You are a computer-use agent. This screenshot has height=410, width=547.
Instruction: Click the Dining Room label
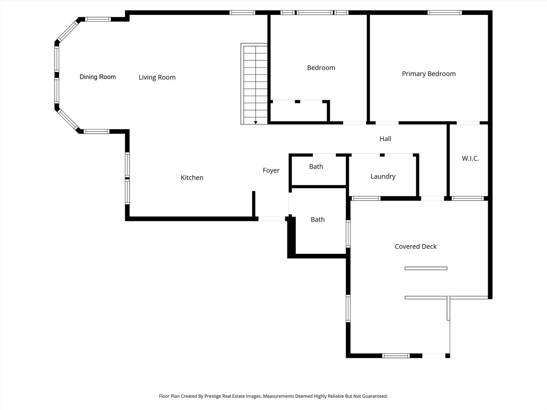tap(98, 77)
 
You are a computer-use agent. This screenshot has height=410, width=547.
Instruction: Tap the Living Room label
tap(157, 77)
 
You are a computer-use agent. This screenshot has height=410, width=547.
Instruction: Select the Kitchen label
tap(192, 178)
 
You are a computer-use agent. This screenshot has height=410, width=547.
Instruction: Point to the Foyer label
tap(271, 170)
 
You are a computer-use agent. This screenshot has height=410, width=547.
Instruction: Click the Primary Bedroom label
tap(428, 74)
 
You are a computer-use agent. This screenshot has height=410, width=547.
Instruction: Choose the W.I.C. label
tap(470, 158)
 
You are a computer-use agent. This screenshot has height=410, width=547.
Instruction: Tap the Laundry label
tap(383, 177)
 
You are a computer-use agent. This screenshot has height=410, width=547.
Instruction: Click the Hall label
tap(385, 139)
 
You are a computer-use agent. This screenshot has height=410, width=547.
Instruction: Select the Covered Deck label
tap(416, 246)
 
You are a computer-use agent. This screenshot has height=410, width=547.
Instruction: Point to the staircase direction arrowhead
tap(255, 123)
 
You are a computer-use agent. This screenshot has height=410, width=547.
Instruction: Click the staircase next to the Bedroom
tap(254, 84)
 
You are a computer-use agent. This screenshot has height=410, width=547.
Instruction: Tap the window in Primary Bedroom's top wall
tap(444, 13)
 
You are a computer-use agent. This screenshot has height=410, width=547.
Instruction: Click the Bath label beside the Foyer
tap(318, 219)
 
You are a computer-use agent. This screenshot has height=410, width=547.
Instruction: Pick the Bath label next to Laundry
tap(316, 167)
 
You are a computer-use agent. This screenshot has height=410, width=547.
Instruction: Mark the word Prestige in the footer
tap(213, 396)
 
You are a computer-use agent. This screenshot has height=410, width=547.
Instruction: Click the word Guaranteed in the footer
tap(375, 396)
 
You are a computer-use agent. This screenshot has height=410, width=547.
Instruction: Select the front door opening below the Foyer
tap(272, 219)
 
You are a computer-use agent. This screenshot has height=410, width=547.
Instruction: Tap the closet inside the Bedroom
tap(299, 112)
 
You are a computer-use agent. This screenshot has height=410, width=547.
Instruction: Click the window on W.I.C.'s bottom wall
tap(468, 199)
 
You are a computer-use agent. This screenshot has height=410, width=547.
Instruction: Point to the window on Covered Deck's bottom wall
tap(396, 356)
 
